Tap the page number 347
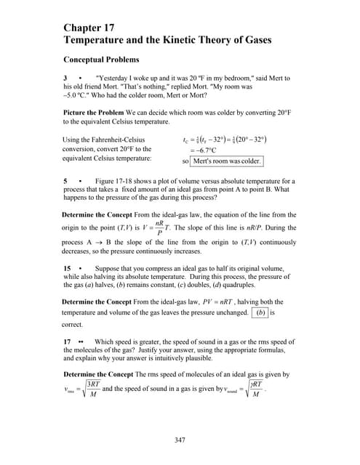click(x=180, y=440)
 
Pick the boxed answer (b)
click(x=260, y=312)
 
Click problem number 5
click(x=66, y=180)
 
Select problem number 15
click(x=68, y=268)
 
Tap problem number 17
click(x=68, y=341)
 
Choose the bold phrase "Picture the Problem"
click(x=95, y=113)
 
